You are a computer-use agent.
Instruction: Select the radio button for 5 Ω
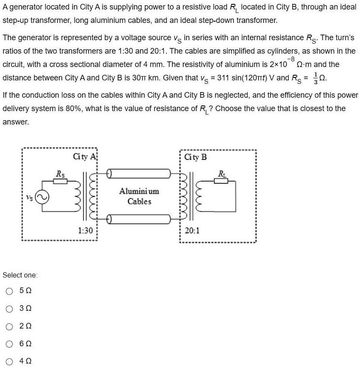10,291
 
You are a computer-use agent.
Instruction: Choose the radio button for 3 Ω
10,309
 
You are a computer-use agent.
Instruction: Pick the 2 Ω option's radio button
10,326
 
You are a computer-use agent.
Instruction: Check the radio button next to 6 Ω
10,344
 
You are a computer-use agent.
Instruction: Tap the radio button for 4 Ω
10,361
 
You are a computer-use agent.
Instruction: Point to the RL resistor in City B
221,180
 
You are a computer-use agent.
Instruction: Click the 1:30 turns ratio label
86,230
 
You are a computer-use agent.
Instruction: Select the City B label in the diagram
195,157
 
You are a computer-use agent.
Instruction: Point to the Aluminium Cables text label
139,196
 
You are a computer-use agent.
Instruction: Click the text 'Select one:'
20,275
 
